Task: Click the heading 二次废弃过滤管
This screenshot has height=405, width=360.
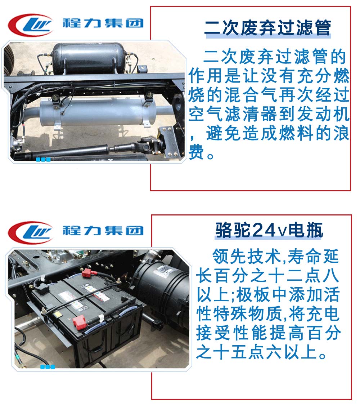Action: (267, 27)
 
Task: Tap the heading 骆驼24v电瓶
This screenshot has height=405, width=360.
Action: (269, 230)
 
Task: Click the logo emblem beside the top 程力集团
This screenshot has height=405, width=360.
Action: (31, 25)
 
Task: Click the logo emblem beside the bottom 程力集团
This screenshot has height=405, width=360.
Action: (31, 232)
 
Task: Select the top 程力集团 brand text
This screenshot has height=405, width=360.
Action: (103, 23)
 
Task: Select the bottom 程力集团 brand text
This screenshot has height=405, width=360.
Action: (103, 230)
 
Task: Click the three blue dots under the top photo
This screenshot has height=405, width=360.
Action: (43, 159)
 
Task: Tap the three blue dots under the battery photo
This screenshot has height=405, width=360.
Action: (48, 367)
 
